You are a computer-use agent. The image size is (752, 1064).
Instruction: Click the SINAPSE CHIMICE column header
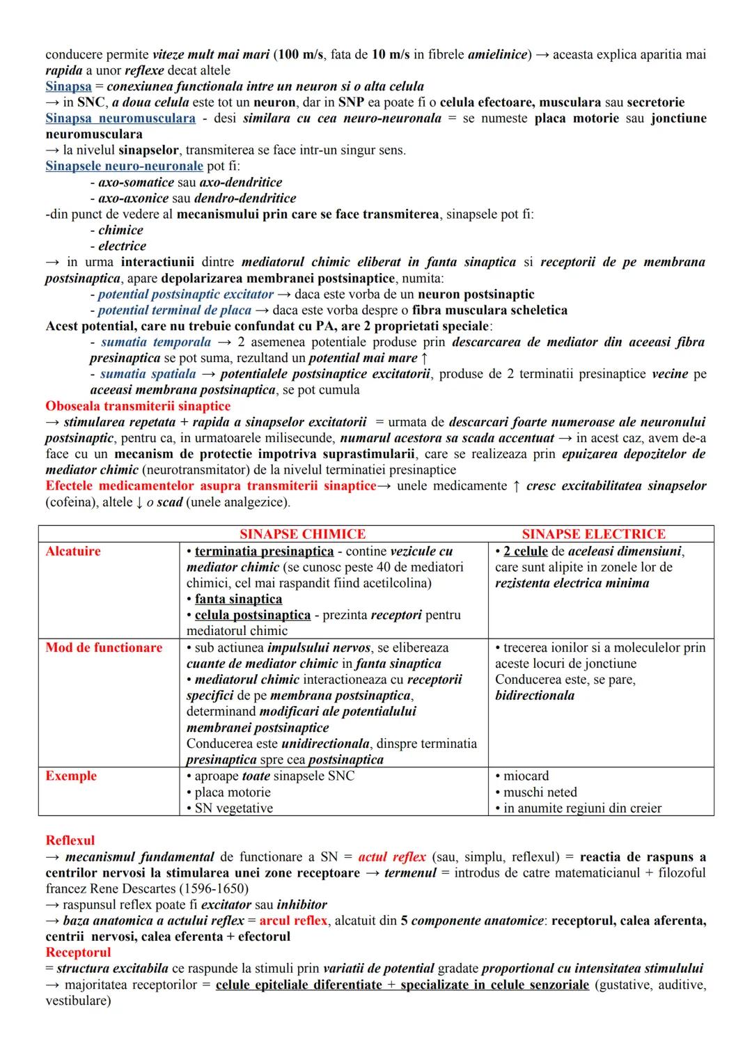pyautogui.click(x=302, y=534)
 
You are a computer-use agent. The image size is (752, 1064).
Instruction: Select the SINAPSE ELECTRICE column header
pyautogui.click(x=593, y=534)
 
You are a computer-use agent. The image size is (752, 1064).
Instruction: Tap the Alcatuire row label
pyautogui.click(x=73, y=551)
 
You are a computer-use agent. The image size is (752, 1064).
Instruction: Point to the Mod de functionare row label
pyautogui.click(x=104, y=648)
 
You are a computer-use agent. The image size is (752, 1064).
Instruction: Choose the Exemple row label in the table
pyautogui.click(x=71, y=776)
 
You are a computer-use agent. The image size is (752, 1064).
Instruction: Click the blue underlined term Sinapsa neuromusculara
pyautogui.click(x=120, y=118)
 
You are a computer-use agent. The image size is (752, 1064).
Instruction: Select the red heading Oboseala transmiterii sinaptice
pyautogui.click(x=138, y=406)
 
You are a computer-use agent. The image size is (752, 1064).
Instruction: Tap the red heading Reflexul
pyautogui.click(x=70, y=840)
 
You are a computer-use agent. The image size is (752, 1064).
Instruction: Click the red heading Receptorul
pyautogui.click(x=78, y=952)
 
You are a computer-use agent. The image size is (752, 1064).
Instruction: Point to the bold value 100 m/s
pyautogui.click(x=301, y=54)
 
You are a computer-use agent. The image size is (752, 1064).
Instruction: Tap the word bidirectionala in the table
pyautogui.click(x=535, y=696)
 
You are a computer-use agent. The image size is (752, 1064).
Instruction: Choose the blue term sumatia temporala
pyautogui.click(x=156, y=342)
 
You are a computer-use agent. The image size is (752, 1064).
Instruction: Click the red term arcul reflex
pyautogui.click(x=293, y=921)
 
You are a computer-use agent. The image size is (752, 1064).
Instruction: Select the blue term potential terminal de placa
pyautogui.click(x=174, y=310)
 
